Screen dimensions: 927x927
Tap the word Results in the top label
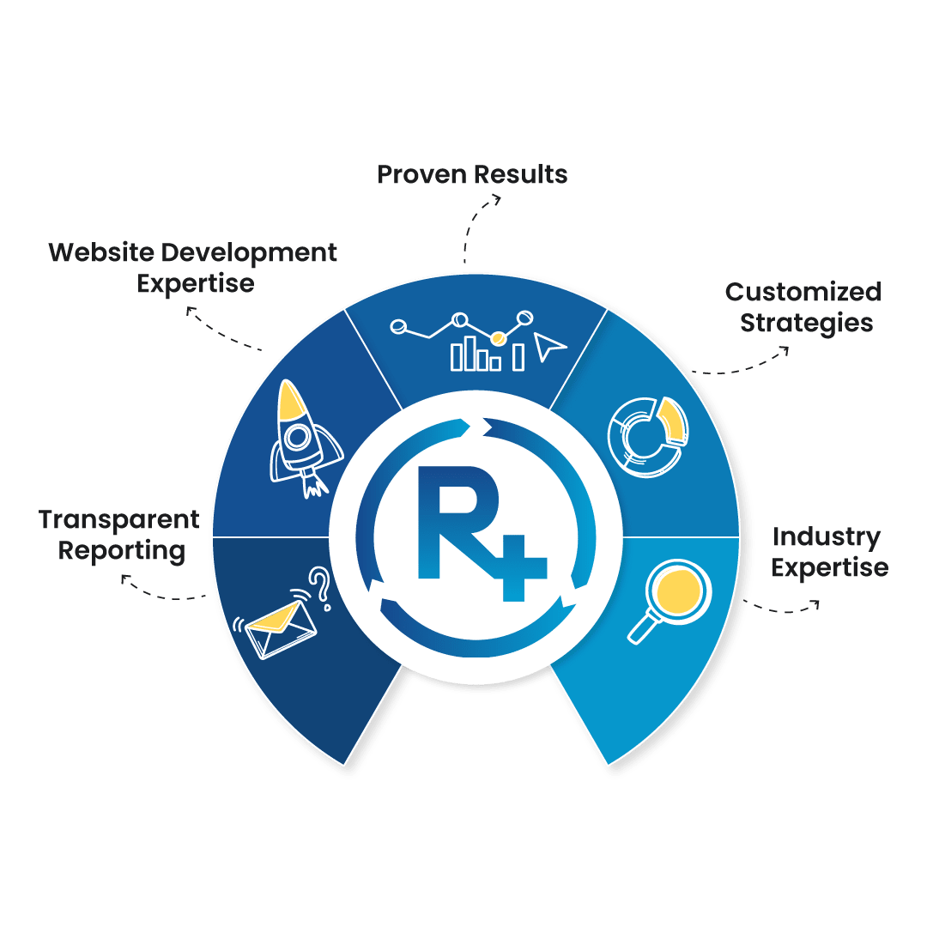(522, 175)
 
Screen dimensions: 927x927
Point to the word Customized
(803, 292)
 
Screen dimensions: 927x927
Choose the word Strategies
(807, 324)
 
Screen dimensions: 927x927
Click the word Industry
(826, 537)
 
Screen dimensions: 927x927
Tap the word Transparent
(118, 519)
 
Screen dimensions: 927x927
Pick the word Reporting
(122, 551)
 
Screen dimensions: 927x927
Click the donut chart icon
(648, 435)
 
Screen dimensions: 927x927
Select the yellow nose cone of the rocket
(293, 400)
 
